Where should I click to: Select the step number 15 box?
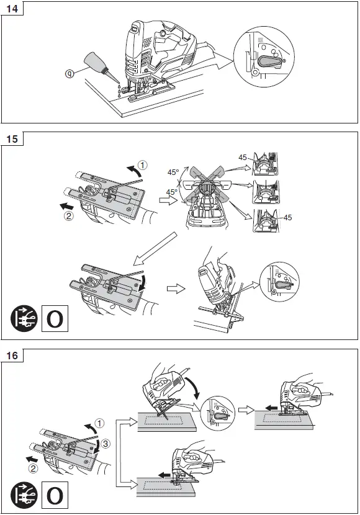coord(12,139)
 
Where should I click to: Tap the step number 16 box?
coord(12,356)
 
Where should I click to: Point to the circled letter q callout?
coord(70,73)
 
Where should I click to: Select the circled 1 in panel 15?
coord(143,165)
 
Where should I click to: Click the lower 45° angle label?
coord(171,192)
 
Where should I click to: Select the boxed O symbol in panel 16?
coord(54,494)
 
